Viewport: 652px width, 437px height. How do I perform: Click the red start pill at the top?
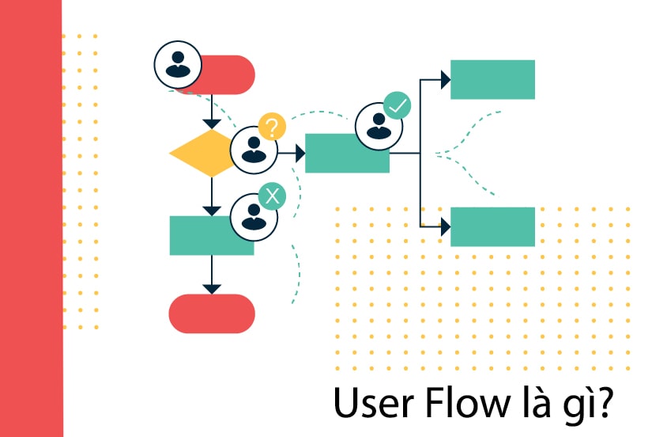coord(225,74)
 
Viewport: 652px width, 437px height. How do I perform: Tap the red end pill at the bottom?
coord(212,313)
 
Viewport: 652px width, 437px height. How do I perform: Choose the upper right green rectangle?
coord(492,79)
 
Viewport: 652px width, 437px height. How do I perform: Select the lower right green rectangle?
coord(492,227)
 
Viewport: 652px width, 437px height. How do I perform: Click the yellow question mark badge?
coord(272,127)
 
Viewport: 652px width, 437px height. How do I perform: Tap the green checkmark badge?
coord(397,105)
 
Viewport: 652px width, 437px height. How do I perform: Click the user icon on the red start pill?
coord(178,65)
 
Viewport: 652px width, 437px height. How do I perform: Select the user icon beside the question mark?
coord(254,149)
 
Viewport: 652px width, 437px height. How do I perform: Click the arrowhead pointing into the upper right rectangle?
coord(446,79)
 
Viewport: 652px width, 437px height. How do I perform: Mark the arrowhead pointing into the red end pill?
coord(211,287)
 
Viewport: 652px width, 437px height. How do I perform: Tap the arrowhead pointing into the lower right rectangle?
coord(446,227)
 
